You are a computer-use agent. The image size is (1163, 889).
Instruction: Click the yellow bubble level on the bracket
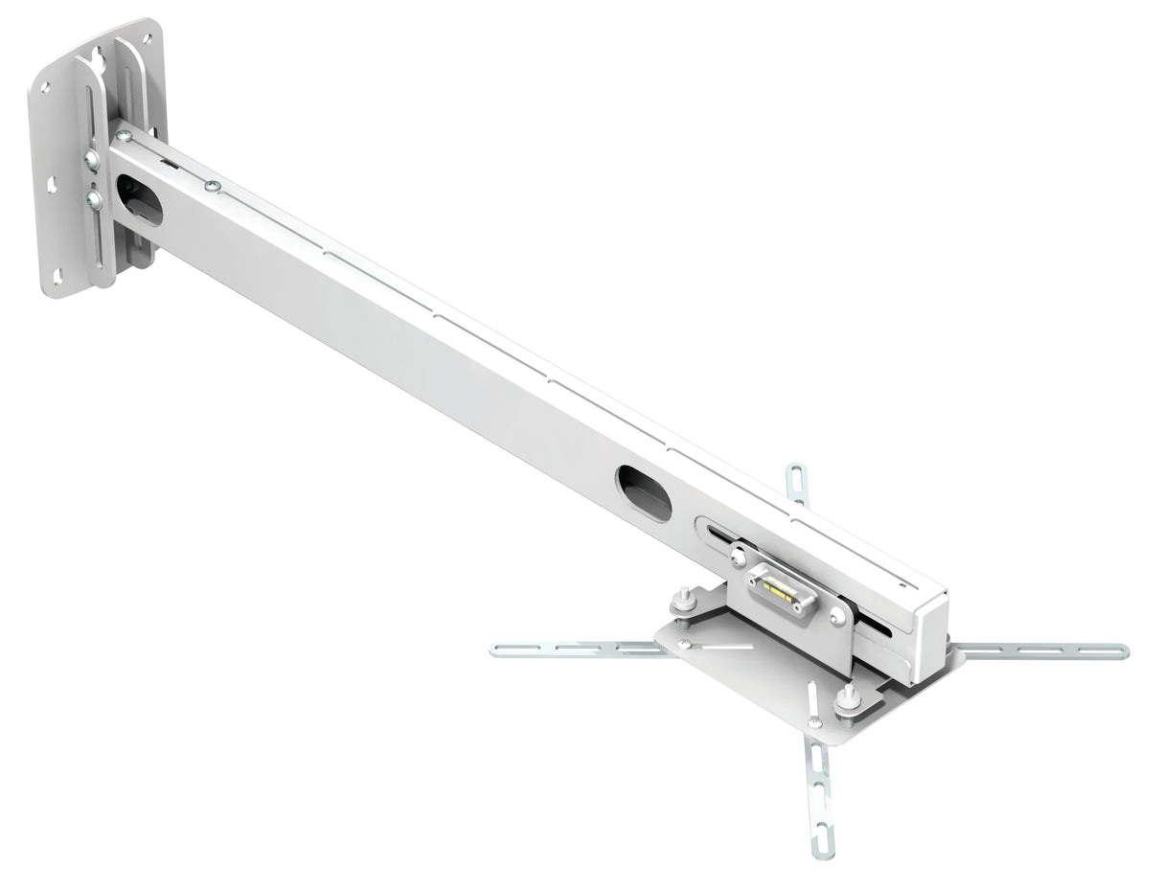[781, 589]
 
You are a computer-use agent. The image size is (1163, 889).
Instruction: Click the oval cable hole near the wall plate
[140, 200]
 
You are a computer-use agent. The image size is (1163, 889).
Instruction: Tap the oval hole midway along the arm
[644, 492]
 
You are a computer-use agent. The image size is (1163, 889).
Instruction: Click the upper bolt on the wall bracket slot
[91, 159]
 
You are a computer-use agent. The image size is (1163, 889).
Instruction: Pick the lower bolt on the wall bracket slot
[94, 199]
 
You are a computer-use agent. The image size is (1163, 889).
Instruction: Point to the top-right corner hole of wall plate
[147, 39]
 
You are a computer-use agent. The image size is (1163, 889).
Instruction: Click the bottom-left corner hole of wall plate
[57, 277]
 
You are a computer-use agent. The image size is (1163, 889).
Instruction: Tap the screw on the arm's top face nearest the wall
[124, 136]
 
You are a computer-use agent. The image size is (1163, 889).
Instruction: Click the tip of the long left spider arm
[497, 650]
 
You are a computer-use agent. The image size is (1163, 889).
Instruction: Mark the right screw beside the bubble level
[838, 618]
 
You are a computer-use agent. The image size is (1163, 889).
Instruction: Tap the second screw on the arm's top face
[213, 185]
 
